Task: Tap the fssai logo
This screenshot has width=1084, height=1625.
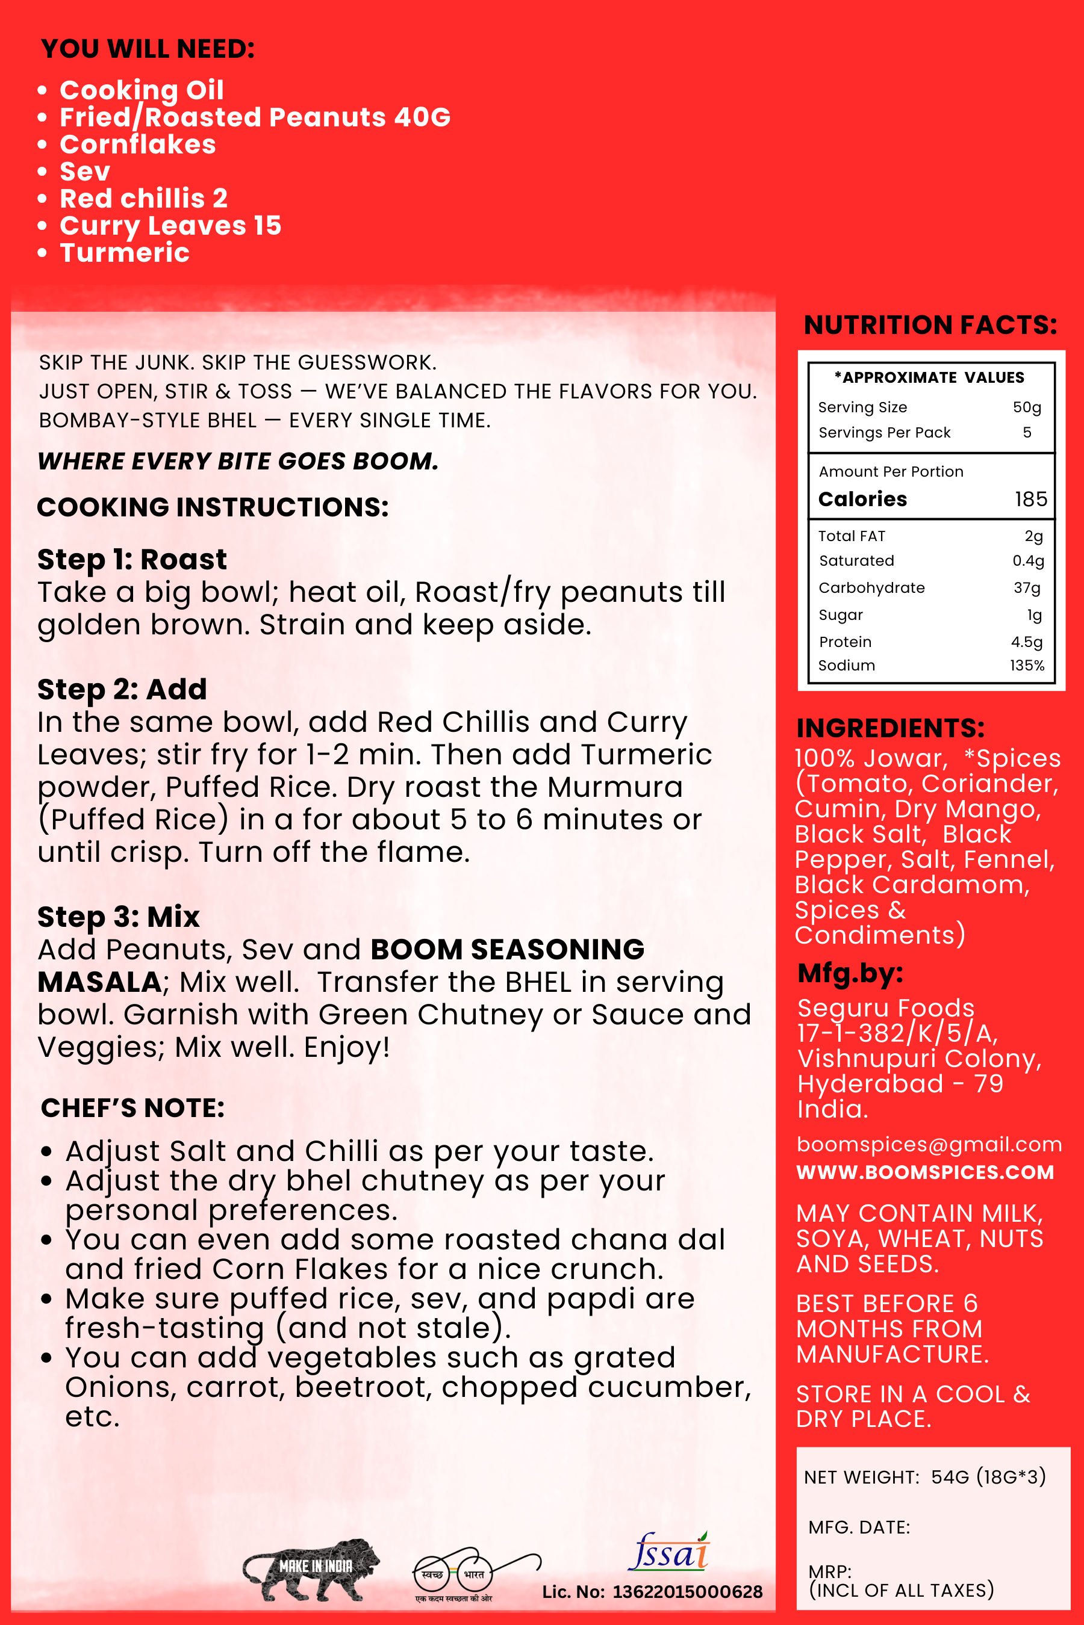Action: [668, 1552]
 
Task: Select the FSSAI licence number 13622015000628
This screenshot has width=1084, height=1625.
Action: [687, 1592]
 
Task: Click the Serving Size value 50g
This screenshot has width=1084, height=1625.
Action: [1027, 407]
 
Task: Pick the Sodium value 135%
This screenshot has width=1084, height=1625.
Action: [1027, 665]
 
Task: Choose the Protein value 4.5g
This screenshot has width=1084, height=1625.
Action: [1027, 642]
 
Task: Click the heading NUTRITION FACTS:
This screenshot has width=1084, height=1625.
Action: [930, 325]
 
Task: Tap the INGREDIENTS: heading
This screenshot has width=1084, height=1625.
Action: [891, 728]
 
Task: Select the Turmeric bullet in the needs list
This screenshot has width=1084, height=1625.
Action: [125, 253]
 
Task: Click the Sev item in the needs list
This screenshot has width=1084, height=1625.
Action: [85, 172]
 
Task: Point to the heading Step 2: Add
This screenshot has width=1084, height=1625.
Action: [122, 690]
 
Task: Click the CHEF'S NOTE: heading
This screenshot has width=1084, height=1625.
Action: [132, 1108]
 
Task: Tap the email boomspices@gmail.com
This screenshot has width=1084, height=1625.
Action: [929, 1144]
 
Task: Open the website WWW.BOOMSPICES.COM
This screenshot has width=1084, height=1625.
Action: [925, 1172]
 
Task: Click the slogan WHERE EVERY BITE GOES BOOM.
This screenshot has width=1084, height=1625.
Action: [238, 462]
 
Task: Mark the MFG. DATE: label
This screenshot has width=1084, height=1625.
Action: [859, 1527]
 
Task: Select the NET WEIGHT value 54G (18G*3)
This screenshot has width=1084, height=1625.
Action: [988, 1477]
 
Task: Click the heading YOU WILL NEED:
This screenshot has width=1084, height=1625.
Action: [148, 49]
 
